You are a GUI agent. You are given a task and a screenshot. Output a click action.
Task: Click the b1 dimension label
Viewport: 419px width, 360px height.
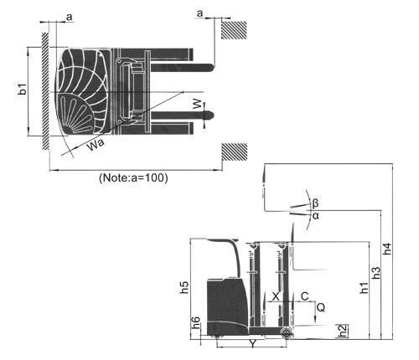23,89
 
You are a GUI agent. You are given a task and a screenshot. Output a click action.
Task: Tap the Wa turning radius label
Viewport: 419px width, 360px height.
96,144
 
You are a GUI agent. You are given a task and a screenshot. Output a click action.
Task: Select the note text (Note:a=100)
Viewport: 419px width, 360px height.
133,177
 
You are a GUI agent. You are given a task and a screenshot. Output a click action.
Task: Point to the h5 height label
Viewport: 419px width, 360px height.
184,287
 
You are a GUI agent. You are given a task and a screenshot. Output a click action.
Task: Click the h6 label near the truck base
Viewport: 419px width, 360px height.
196,322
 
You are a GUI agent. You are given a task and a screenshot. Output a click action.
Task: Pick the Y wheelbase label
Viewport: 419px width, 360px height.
252,344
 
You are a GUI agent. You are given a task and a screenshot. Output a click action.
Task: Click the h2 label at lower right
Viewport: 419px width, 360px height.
343,331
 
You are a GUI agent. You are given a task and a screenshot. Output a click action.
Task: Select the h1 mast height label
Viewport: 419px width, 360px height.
364,287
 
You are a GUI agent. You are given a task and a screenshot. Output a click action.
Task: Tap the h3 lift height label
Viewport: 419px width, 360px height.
376,272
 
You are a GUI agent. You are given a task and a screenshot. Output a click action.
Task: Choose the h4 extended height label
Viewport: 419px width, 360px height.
387,249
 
